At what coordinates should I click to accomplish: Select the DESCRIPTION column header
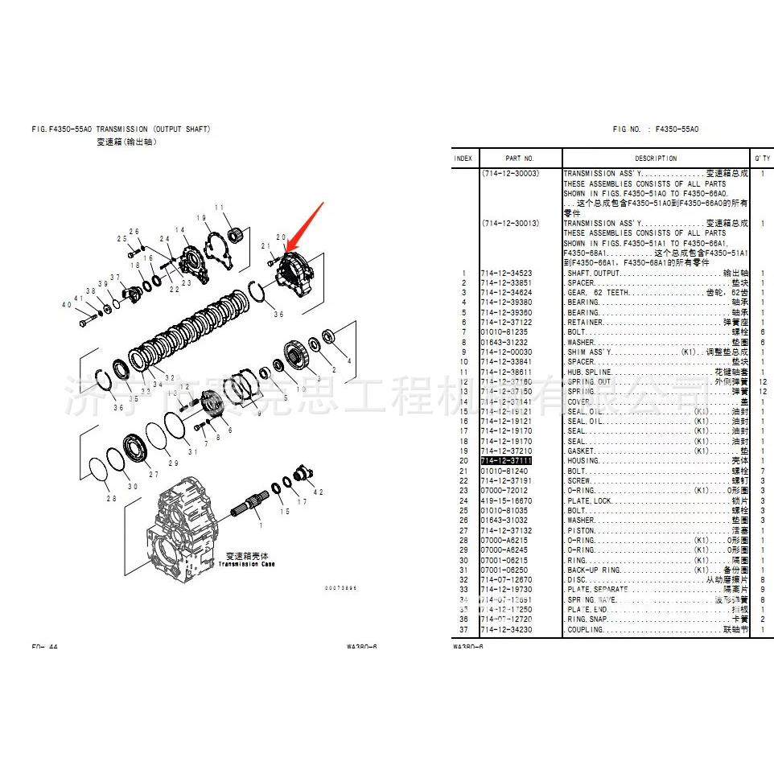click(x=656, y=159)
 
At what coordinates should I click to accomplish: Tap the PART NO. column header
click(x=520, y=159)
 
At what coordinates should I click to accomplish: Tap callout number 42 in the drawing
click(x=319, y=492)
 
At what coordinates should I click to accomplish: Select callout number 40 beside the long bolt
click(x=68, y=305)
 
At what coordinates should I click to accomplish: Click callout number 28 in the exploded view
click(x=110, y=499)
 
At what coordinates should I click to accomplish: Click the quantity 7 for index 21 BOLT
click(x=762, y=471)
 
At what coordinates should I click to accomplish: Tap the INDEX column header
click(x=463, y=159)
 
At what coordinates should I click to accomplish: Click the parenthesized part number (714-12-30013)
click(x=511, y=223)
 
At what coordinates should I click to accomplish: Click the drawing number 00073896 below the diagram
click(x=340, y=588)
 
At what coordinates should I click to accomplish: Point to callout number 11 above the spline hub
click(x=218, y=208)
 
